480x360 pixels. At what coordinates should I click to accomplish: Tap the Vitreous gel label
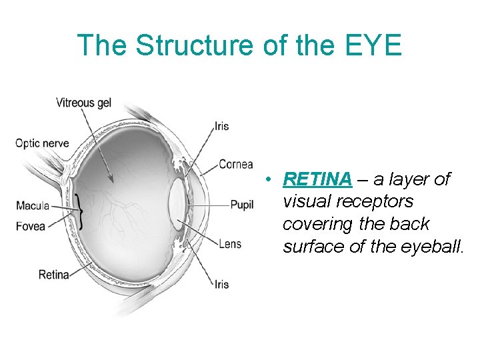[x=83, y=103]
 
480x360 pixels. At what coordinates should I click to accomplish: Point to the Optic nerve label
[x=41, y=143]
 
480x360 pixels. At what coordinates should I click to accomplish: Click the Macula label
[x=33, y=206]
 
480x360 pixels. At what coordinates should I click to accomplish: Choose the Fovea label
[x=31, y=226]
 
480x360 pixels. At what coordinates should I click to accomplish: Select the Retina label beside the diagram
[x=54, y=274]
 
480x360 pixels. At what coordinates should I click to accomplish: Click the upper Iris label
[x=221, y=127]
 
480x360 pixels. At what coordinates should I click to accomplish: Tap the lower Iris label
[x=221, y=284]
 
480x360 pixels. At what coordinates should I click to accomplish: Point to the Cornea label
[x=236, y=164]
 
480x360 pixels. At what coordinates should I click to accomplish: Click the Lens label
[x=230, y=244]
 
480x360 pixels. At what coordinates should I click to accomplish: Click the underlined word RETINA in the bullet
[x=317, y=179]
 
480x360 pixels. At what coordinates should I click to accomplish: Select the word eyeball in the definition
[x=434, y=247]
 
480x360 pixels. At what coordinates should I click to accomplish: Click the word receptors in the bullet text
[x=371, y=201]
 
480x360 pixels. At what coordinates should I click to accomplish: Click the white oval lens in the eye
[x=177, y=203]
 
